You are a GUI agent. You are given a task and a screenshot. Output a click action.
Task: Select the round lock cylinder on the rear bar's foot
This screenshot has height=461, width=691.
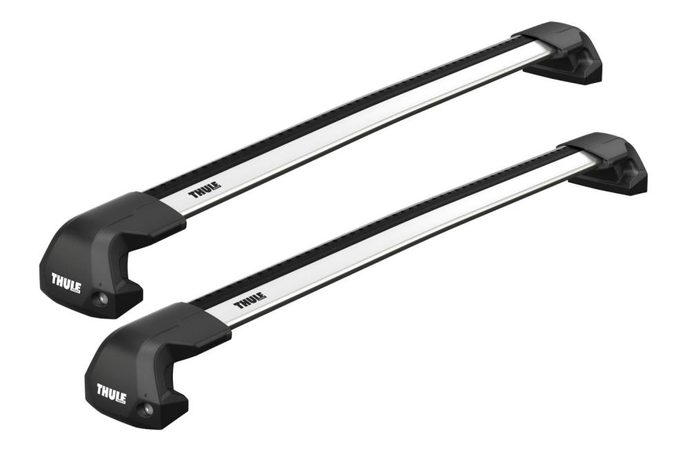[104, 298]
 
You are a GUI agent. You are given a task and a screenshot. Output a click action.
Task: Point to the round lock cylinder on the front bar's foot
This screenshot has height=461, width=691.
[149, 408]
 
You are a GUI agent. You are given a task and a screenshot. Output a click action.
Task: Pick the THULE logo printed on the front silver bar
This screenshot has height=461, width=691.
[249, 301]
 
